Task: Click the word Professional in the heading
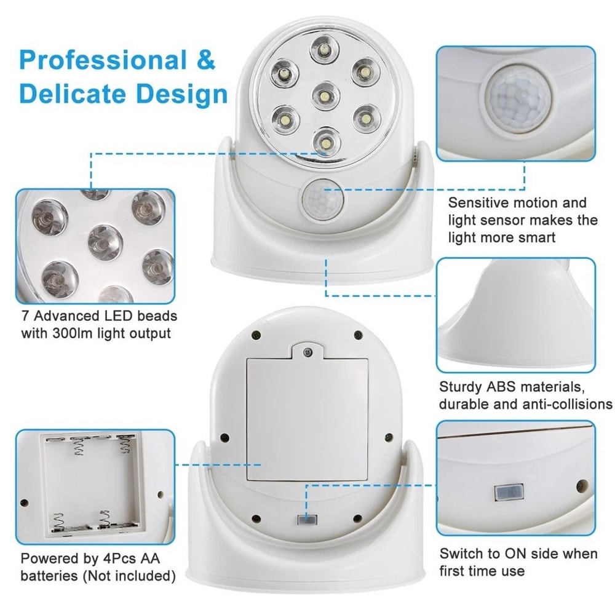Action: (x=102, y=61)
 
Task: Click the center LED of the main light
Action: (x=322, y=95)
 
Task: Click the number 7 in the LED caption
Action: (x=25, y=317)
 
